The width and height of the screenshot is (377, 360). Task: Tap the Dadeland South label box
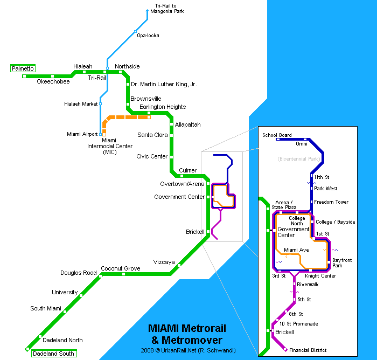click(53, 354)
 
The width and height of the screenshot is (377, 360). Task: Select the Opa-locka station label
click(148, 36)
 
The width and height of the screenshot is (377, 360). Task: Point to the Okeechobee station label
click(53, 82)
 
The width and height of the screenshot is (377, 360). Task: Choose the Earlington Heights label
click(163, 107)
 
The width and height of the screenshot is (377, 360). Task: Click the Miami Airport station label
click(82, 134)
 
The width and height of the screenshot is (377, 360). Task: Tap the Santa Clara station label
click(153, 135)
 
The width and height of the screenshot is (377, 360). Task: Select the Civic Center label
click(152, 157)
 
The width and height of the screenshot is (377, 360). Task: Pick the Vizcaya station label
click(164, 262)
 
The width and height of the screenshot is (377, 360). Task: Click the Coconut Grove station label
click(121, 268)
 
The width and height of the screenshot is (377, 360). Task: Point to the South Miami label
click(46, 309)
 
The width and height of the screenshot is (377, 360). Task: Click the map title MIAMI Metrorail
click(187, 329)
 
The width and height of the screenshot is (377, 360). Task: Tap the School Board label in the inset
click(277, 135)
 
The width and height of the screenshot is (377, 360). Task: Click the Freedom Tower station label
click(331, 202)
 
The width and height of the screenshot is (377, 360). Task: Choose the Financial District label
click(308, 350)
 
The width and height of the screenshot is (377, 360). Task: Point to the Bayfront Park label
click(341, 263)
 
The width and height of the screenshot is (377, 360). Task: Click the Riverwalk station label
click(308, 284)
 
